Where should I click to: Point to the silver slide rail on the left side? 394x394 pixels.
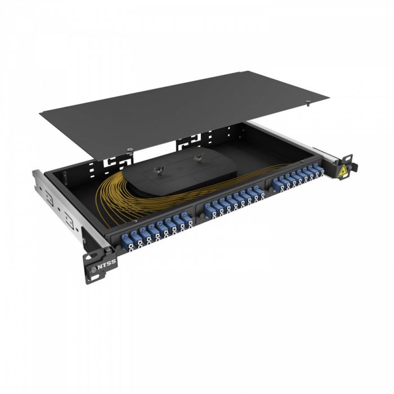click(59, 200)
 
